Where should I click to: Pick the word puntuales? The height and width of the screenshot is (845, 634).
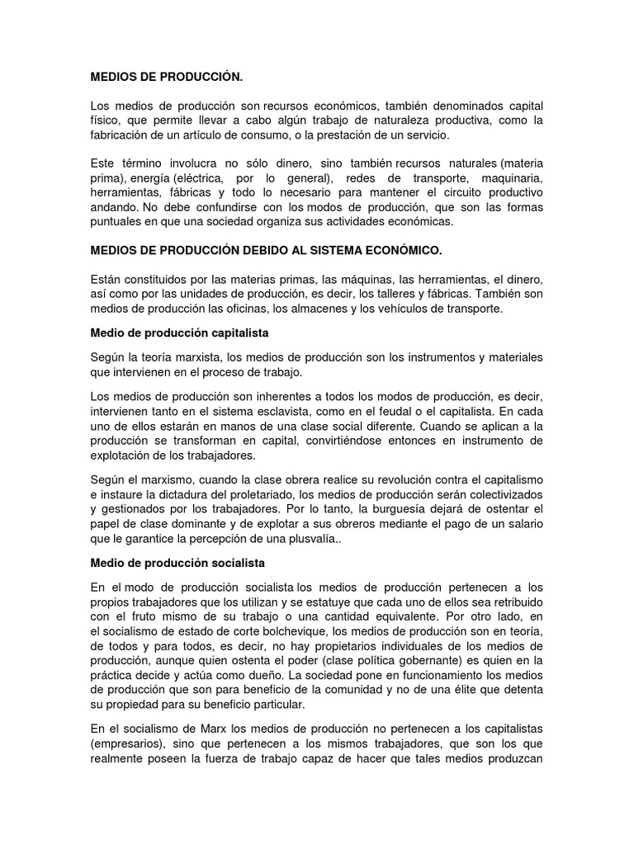click(115, 223)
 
